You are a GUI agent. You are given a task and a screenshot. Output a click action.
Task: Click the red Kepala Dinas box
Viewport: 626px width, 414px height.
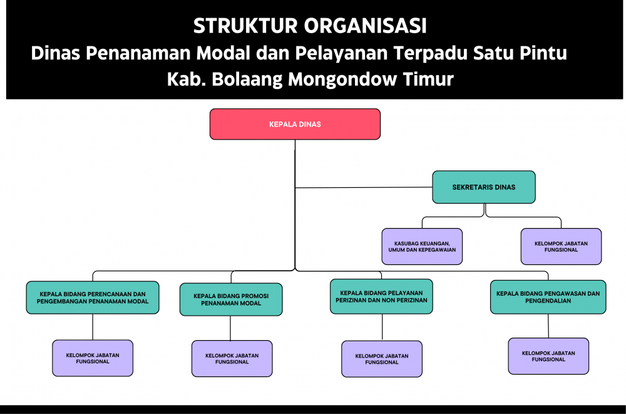point(295,124)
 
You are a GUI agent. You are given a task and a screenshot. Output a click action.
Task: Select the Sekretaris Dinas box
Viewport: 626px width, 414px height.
point(484,187)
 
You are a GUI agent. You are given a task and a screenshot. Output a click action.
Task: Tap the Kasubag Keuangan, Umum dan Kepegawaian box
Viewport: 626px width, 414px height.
point(422,247)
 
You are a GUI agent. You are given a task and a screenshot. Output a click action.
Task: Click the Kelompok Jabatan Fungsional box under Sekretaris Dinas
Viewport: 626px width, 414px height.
point(561,247)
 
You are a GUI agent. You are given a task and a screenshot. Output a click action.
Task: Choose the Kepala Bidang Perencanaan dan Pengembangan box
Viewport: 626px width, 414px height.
point(93,298)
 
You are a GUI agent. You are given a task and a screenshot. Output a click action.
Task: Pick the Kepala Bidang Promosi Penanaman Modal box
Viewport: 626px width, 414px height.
point(231,299)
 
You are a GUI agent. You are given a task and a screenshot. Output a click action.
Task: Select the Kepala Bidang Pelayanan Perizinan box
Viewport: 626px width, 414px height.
point(381,296)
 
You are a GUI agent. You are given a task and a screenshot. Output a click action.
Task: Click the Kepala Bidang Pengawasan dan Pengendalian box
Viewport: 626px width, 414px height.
point(548,297)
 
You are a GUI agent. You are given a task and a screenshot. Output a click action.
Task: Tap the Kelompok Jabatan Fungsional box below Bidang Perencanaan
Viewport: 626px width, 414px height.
point(93,358)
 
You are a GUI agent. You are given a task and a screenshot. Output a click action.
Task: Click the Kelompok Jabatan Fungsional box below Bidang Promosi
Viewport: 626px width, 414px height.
point(232,358)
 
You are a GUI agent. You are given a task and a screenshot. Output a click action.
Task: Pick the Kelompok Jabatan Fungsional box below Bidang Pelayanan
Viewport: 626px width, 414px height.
point(382,359)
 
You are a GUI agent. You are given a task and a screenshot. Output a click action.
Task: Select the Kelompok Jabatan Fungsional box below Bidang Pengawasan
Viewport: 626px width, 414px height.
point(548,356)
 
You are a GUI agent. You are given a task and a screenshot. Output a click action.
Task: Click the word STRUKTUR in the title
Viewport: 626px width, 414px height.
point(245,26)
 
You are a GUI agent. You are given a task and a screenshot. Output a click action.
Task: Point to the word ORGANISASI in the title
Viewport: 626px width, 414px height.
point(366,26)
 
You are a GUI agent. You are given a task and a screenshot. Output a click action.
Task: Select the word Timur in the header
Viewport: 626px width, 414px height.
point(428,79)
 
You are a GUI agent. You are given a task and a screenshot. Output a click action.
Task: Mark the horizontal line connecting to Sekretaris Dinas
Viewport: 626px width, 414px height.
point(364,187)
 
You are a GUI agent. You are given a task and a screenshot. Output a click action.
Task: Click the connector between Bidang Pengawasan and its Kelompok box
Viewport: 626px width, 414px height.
point(548,326)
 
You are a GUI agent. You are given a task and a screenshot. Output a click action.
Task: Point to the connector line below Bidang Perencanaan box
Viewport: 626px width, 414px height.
point(93,327)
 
